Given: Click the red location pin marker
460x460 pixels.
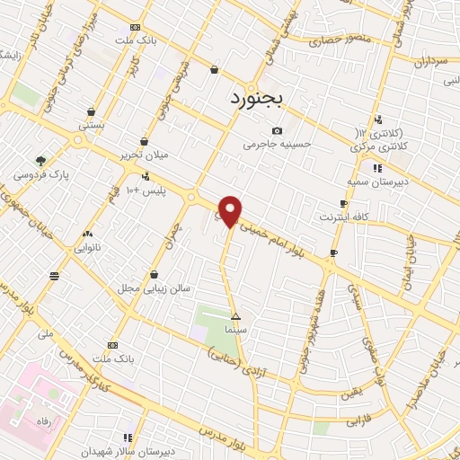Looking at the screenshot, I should click(231, 210).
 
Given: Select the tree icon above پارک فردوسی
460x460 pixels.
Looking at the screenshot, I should click(40, 160).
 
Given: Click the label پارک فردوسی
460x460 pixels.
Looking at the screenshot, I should click(48, 174).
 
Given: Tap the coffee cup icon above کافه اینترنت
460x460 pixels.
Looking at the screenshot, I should click(343, 204).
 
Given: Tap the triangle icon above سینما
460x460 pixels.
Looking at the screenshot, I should click(235, 316).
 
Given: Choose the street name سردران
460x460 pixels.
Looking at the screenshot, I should click(430, 63).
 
